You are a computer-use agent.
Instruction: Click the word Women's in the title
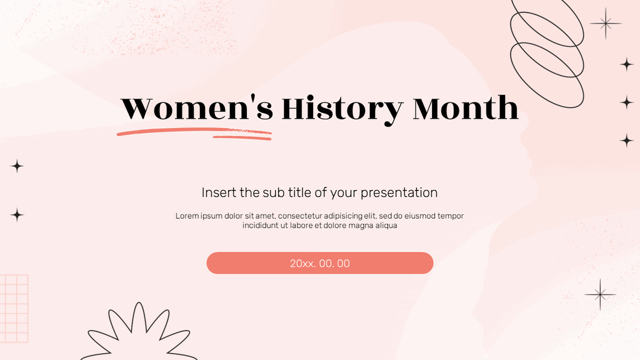pyautogui.click(x=197, y=109)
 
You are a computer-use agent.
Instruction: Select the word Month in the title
pyautogui.click(x=466, y=109)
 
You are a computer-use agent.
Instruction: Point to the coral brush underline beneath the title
pyautogui.click(x=194, y=132)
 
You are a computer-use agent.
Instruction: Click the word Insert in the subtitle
pyautogui.click(x=218, y=192)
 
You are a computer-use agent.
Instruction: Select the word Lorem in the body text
pyautogui.click(x=187, y=216)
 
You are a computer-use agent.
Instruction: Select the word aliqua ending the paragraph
pyautogui.click(x=385, y=226)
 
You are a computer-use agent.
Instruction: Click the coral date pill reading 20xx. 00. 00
pyautogui.click(x=320, y=263)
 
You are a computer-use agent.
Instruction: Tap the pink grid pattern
pyautogui.click(x=14, y=308)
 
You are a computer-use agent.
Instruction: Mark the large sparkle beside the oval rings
pyautogui.click(x=605, y=24)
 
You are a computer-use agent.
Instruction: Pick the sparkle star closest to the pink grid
pyautogui.click(x=17, y=215)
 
